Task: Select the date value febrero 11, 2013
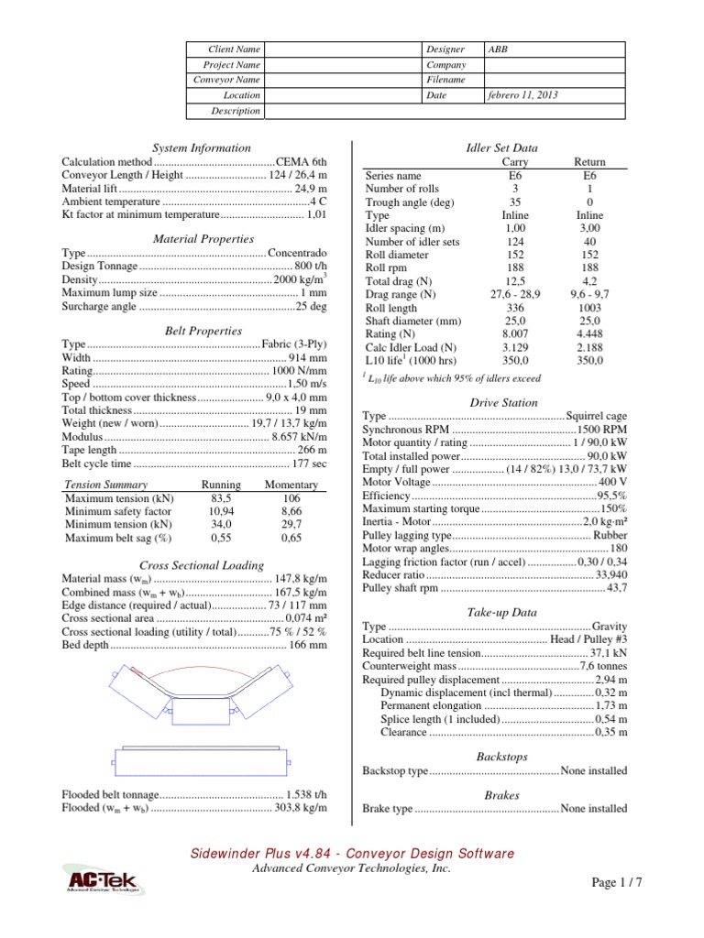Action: (522, 95)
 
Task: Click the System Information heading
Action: (202, 147)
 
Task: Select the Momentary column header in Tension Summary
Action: (291, 484)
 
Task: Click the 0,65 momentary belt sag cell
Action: (291, 538)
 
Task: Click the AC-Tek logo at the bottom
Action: (101, 882)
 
